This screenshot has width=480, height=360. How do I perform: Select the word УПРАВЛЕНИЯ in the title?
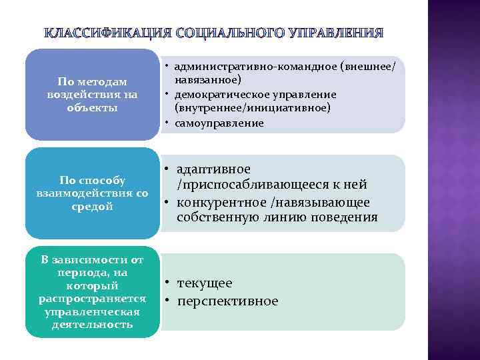point(337,33)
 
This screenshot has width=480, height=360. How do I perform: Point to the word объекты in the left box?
point(92,107)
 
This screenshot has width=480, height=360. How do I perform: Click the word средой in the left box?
point(92,206)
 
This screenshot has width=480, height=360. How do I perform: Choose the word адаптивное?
point(214,169)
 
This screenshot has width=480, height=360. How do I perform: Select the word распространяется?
point(92,299)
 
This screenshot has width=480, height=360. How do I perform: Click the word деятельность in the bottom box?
point(92,325)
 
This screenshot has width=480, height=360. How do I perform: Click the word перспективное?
point(227,301)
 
